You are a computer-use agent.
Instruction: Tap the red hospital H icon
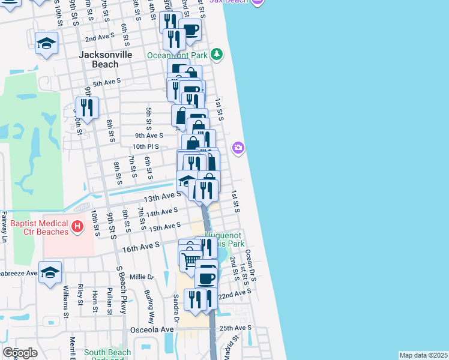click(x=77, y=226)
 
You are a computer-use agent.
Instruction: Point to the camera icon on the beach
click(x=239, y=148)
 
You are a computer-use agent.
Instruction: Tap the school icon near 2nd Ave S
click(x=46, y=43)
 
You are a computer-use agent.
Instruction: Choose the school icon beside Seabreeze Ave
click(x=50, y=271)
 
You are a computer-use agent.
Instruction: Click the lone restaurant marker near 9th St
click(x=87, y=108)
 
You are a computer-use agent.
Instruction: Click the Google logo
click(x=20, y=352)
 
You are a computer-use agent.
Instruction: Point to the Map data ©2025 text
click(x=423, y=355)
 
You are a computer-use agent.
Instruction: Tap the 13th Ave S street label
click(x=161, y=196)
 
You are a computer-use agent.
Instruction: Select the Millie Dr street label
click(x=142, y=277)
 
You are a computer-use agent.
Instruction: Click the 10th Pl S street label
click(x=146, y=146)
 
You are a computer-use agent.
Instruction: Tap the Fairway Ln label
click(x=4, y=227)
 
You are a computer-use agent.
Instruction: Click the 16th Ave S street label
click(x=142, y=245)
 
